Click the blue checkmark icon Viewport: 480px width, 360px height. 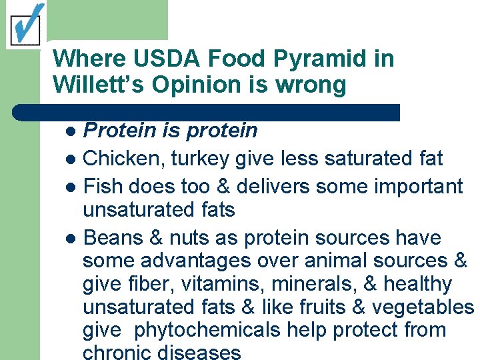tap(25, 24)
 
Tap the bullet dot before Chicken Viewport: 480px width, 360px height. tap(71, 159)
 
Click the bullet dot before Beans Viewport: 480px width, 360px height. tap(71, 239)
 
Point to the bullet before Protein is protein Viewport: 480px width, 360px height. tap(71, 131)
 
